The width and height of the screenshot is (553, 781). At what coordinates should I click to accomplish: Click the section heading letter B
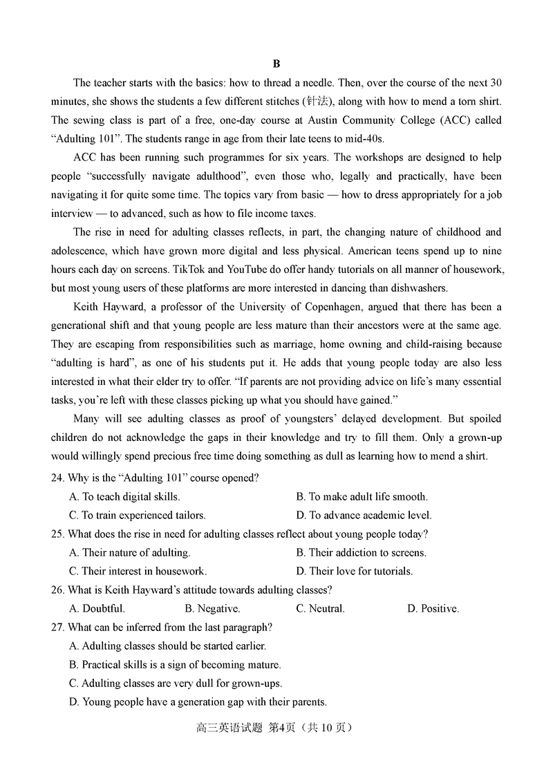click(276, 64)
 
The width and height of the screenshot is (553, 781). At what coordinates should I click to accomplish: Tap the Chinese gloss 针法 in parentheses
click(316, 102)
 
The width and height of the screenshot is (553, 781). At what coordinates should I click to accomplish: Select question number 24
click(58, 478)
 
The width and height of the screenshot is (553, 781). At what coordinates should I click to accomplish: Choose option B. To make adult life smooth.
click(362, 496)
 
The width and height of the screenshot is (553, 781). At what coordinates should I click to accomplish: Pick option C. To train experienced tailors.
click(138, 515)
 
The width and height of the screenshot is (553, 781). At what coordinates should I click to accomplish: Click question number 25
click(58, 534)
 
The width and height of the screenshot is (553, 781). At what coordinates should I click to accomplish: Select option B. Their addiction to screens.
click(361, 552)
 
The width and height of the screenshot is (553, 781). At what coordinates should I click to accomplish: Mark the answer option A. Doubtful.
click(97, 608)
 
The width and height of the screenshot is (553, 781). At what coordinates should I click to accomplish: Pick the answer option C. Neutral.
click(320, 608)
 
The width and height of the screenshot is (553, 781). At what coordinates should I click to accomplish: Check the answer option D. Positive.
click(433, 608)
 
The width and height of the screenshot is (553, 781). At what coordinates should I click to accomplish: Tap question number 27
click(58, 627)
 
